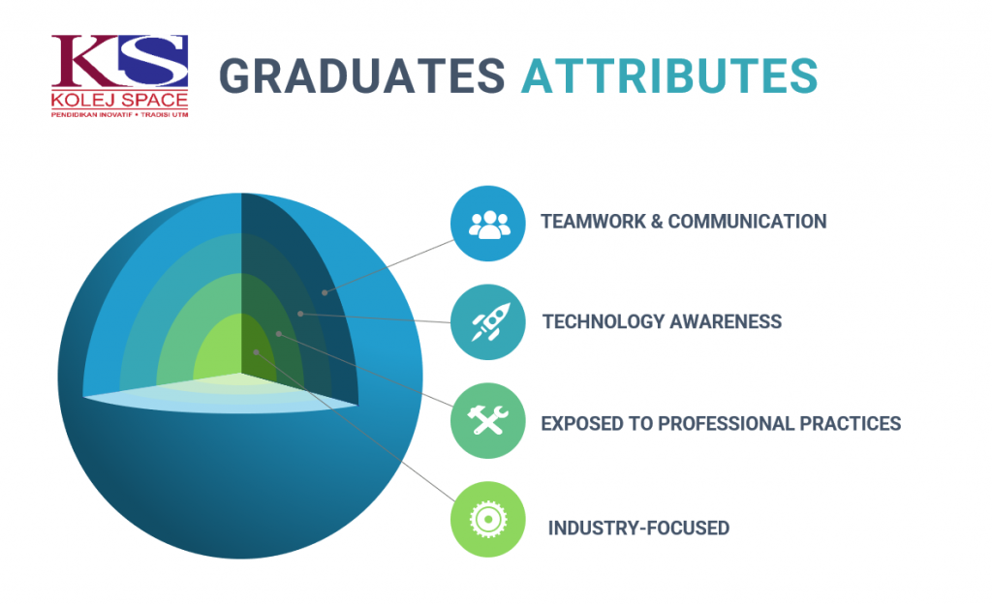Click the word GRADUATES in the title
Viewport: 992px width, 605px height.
[x=362, y=76]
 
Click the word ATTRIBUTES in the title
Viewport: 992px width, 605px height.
[x=669, y=76]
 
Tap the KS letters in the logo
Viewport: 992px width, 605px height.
[x=119, y=61]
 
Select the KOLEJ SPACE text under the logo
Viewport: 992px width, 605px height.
[x=119, y=100]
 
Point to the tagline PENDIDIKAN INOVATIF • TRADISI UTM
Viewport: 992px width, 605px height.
[x=119, y=114]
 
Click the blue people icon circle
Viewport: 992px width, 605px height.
[x=488, y=224]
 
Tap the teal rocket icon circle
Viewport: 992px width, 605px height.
[x=488, y=321]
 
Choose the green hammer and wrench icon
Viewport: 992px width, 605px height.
[x=488, y=420]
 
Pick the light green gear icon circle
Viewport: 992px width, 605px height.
[x=488, y=519]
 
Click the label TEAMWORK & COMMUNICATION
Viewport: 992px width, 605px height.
[x=683, y=222]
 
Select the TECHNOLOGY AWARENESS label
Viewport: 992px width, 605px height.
[x=662, y=321]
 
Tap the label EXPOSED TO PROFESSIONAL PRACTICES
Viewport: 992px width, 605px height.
[x=721, y=424]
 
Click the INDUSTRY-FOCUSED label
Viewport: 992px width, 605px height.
[x=638, y=528]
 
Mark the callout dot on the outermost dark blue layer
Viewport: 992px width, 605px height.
[x=325, y=292]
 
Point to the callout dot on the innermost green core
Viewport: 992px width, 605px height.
[x=256, y=352]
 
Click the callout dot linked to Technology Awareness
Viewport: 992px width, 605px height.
[x=300, y=314]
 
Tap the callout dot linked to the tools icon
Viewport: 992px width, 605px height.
[x=278, y=333]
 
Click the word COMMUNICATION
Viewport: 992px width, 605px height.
[x=747, y=222]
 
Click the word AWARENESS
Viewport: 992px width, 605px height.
[x=726, y=321]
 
